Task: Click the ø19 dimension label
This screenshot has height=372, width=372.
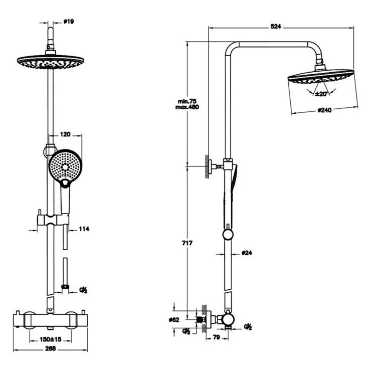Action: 69,22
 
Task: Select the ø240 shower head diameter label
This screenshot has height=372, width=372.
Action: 322,112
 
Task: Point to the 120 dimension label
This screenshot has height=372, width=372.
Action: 65,134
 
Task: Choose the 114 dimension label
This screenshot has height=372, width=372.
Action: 84,229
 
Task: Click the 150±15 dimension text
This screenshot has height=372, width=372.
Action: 51,339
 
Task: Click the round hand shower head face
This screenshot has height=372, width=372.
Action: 64,164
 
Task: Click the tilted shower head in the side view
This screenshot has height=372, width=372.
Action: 319,79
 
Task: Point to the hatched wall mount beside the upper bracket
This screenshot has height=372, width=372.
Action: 207,166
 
